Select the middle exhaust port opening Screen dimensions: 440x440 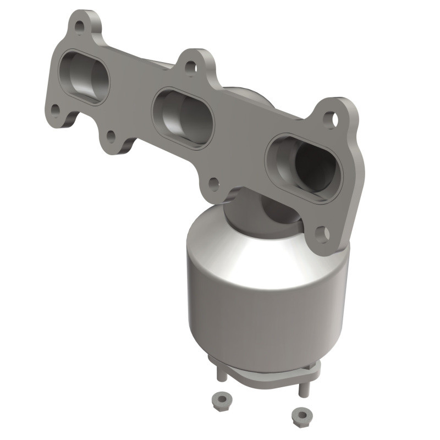(x=182, y=116)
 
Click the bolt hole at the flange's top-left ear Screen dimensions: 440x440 (x=80, y=26)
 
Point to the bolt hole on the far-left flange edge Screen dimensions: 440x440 (x=55, y=109)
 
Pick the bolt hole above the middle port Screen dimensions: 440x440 (x=190, y=67)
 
